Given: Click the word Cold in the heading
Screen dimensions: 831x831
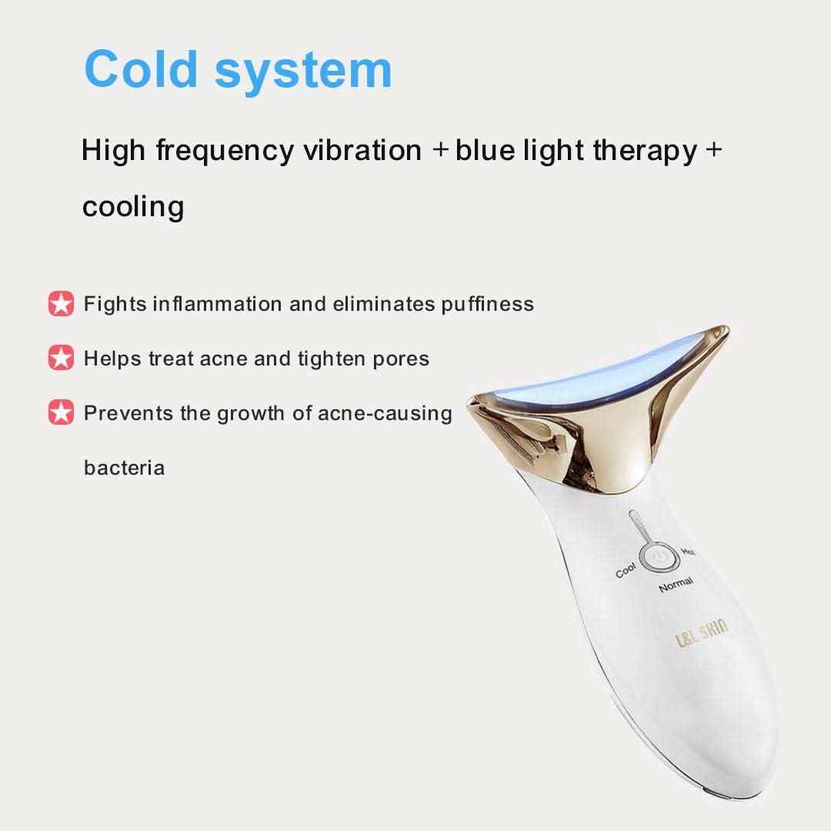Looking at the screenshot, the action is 141,69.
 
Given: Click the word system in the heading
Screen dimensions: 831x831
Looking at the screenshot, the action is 303,73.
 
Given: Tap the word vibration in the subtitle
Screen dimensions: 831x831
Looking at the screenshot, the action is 362,150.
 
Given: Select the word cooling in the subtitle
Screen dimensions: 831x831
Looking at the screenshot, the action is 133,207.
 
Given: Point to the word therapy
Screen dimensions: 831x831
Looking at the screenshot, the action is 645,152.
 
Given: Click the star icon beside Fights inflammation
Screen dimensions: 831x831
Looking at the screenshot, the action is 61,304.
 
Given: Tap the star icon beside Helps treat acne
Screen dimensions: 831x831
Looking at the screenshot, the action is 61,358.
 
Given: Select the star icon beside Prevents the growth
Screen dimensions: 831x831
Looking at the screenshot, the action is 61,412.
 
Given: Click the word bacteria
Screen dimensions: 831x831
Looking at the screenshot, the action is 124,468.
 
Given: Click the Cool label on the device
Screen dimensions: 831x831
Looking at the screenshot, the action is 626,571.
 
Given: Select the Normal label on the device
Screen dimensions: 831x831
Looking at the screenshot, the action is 676,585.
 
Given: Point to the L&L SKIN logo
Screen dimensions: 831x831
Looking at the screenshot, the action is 702,632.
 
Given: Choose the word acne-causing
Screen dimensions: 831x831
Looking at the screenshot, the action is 385,414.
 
